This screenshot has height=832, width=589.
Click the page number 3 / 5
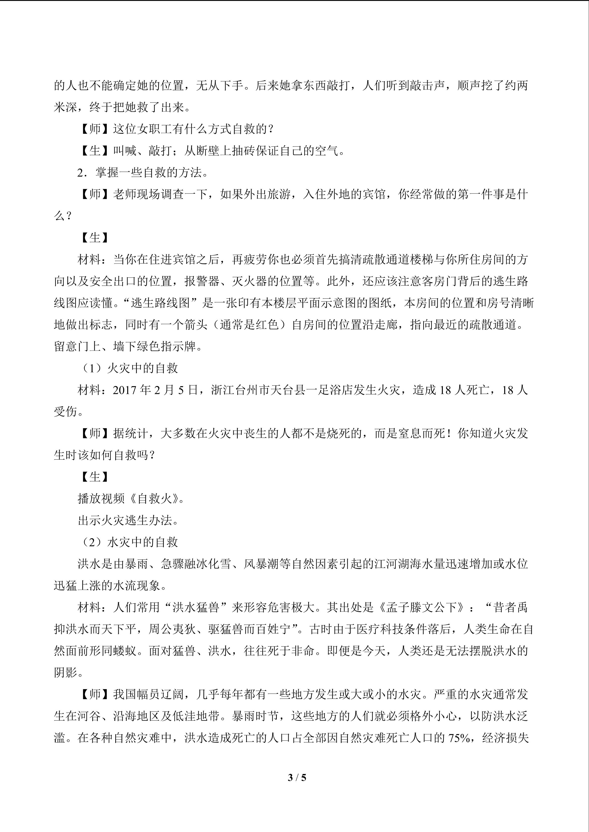click(297, 777)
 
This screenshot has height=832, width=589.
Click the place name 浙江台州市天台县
click(264, 390)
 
